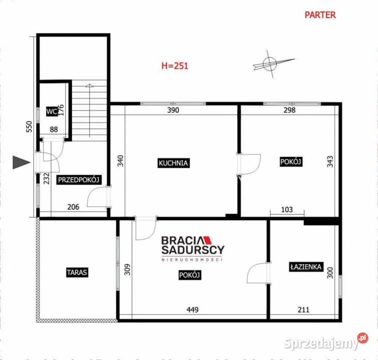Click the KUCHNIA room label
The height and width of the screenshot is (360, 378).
click(173, 163)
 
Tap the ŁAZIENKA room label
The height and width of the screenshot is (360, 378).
click(305, 267)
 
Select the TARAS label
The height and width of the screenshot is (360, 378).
click(77, 272)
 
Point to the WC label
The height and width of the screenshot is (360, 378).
click(51, 111)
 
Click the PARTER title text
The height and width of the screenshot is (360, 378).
click(320, 14)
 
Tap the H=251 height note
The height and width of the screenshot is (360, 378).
click(174, 65)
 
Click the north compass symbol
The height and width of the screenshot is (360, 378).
click(270, 63)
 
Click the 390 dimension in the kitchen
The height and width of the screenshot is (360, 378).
click(173, 110)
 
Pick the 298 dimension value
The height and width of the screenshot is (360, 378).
click(289, 110)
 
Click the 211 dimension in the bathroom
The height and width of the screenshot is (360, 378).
click(303, 310)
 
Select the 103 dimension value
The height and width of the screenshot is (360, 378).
click(286, 210)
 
